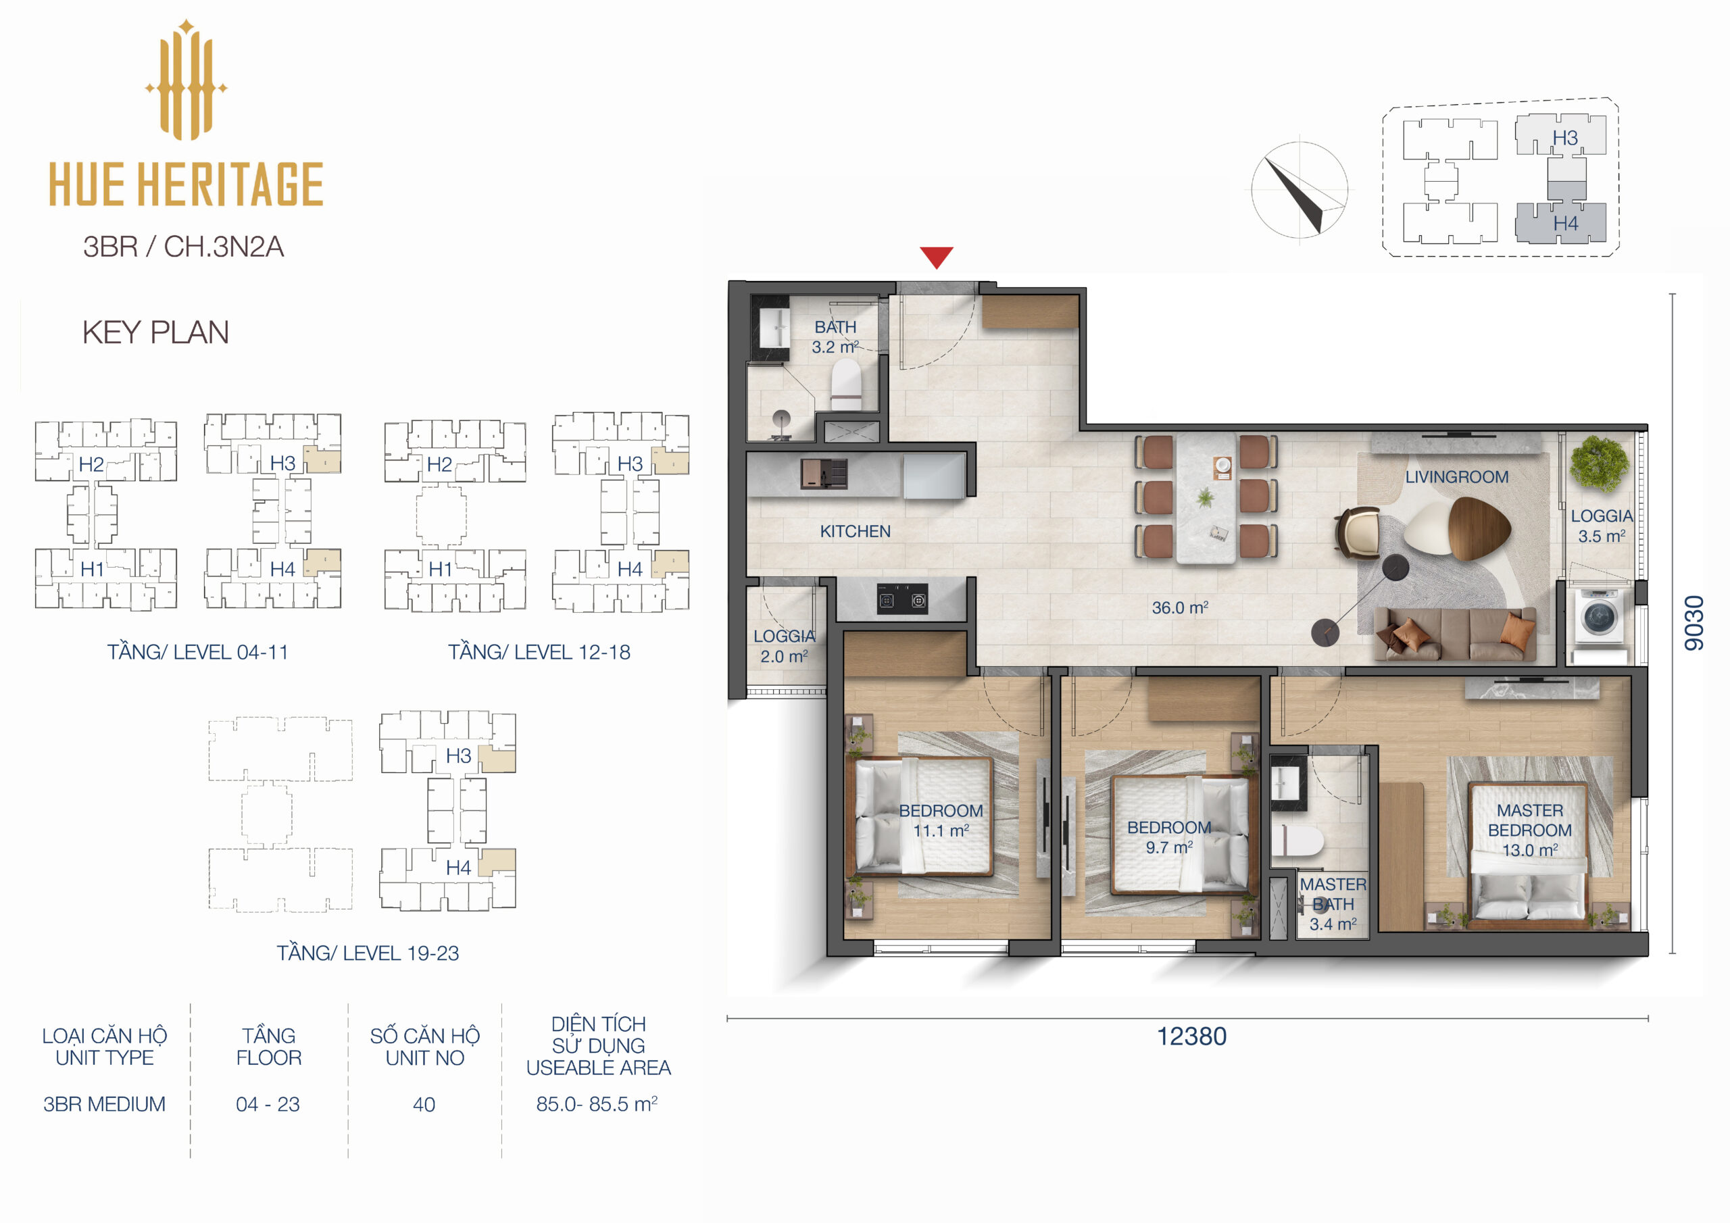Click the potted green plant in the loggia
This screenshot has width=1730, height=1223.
coord(1600,462)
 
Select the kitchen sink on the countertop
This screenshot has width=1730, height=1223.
coord(824,474)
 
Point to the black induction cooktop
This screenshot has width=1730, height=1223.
coord(902,600)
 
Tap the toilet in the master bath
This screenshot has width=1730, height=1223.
coord(1296,841)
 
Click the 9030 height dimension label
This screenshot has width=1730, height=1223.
coord(1693,622)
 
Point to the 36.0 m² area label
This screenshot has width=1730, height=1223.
coord(1180,607)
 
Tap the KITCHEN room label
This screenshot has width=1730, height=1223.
coord(856,531)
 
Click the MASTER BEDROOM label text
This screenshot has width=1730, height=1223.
coord(1529,820)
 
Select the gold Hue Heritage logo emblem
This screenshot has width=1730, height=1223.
coord(186,81)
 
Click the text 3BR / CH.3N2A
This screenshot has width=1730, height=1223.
coord(183,247)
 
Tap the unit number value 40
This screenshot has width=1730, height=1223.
coord(424,1105)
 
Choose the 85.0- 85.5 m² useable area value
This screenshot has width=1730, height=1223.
coord(597,1104)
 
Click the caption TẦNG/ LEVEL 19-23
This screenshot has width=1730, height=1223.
coord(368,953)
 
